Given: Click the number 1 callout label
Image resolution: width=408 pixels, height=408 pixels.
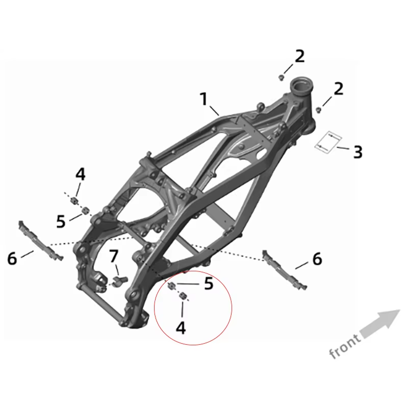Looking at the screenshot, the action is pos(205,99).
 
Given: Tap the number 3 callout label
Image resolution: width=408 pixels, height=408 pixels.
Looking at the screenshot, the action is pos(358,152).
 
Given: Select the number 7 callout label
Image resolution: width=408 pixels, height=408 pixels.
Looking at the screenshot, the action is pos(113,256).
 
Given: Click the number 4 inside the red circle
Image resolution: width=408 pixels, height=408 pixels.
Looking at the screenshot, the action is pos(181,328).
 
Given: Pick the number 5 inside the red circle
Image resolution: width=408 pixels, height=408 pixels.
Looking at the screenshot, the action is pos(209,284).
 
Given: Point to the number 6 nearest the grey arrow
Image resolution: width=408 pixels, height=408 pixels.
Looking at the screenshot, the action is pos(317,259).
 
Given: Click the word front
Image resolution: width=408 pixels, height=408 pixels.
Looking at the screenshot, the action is pos(345,346).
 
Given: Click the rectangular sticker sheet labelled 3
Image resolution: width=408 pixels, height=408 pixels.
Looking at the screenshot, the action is pos(328,142).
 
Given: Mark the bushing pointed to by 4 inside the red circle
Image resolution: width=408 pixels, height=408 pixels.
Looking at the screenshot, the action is pos(184,296).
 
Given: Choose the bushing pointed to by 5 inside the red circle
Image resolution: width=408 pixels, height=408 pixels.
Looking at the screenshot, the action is pos(172,286).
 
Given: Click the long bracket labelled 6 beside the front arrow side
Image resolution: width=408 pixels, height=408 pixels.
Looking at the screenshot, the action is pos(284,270).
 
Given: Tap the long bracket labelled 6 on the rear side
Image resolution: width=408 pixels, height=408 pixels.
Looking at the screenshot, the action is pos(41,241).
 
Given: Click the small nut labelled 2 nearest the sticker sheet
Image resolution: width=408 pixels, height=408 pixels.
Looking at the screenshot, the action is pos(318,110).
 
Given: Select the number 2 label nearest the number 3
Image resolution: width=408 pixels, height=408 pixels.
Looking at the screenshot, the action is pos(338,89).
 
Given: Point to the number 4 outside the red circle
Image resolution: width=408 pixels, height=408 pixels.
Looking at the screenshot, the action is pos(81,174).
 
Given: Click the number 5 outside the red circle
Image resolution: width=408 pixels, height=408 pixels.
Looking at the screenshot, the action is pos(61,221).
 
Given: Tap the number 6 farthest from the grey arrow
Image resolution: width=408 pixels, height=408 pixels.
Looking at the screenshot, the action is pos(12,259).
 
